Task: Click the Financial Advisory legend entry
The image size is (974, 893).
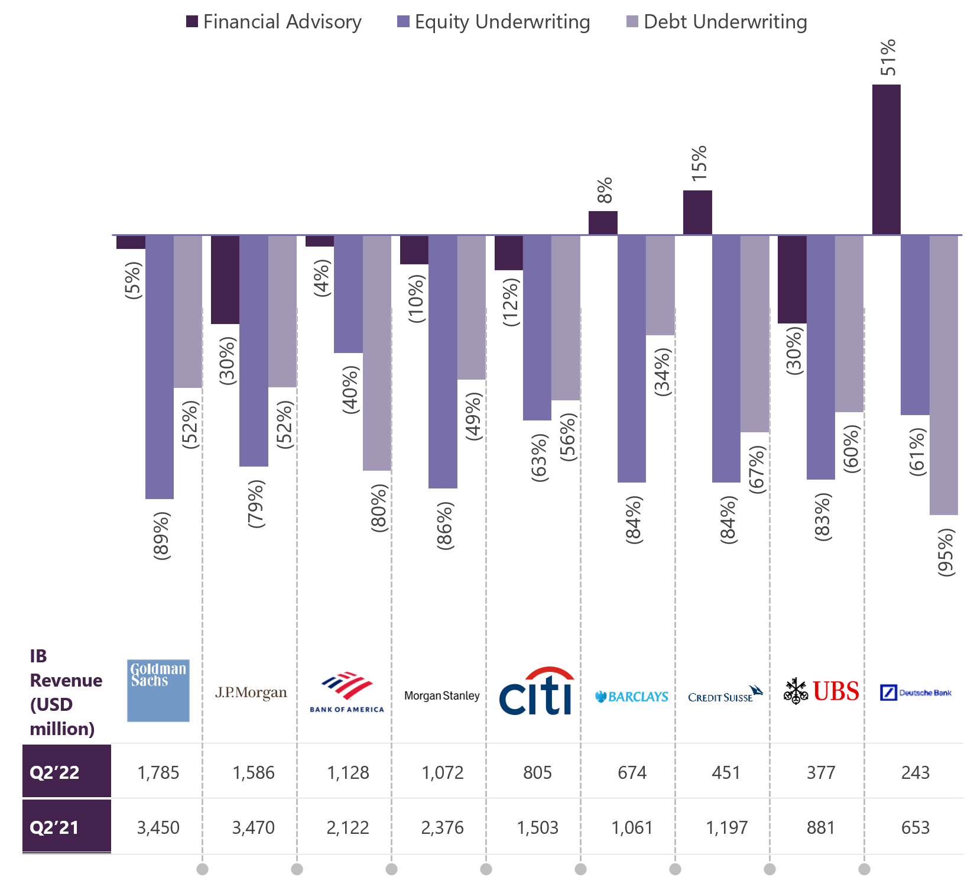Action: pos(274,22)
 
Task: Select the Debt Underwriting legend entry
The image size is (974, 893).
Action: pos(717,22)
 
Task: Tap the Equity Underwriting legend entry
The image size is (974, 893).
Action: pos(494,22)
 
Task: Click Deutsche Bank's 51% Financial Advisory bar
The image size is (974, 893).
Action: pos(886,160)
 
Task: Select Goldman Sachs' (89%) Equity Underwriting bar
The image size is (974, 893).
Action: pos(159,367)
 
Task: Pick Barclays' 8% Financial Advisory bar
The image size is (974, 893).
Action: pos(603,223)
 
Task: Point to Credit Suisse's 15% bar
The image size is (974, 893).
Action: pos(697,212)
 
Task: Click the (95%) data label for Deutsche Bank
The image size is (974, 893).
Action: pos(946,552)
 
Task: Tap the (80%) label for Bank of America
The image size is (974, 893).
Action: pos(379,507)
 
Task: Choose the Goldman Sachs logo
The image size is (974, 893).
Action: pos(158,690)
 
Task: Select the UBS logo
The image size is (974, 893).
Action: pos(821,691)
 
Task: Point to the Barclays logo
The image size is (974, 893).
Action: pos(631,697)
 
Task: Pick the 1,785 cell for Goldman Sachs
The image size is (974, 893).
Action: pos(158,772)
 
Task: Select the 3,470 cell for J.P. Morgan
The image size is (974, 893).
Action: pos(253,827)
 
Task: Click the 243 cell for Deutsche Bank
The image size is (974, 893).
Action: pos(915,772)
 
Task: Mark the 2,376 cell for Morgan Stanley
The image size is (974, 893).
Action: pos(442,827)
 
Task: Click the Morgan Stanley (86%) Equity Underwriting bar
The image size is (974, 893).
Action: pos(443,361)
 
